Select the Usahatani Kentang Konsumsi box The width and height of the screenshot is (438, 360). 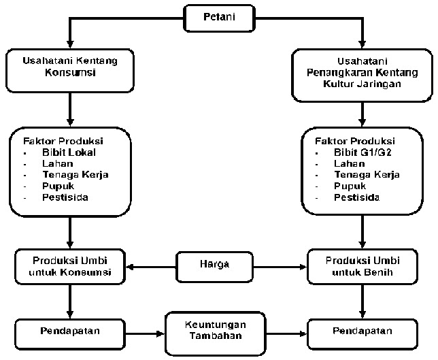pos(69,67)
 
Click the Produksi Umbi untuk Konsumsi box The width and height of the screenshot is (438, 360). pos(70,267)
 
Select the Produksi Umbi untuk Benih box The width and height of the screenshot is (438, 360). pos(361,267)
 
